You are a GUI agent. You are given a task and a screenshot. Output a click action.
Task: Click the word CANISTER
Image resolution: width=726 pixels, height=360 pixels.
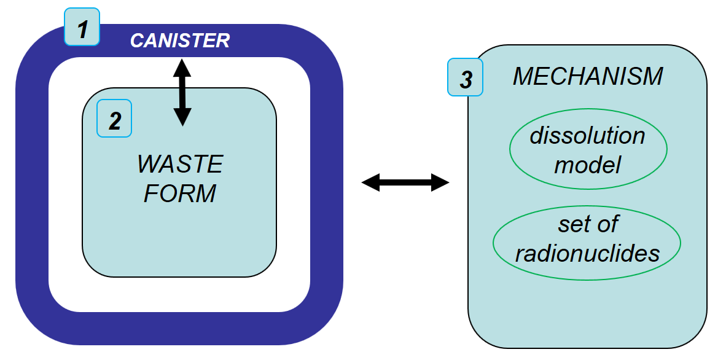(x=179, y=41)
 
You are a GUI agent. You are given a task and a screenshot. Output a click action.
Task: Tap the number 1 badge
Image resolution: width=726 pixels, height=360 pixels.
(x=82, y=28)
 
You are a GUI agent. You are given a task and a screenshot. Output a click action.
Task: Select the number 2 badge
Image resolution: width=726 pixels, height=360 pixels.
(x=114, y=120)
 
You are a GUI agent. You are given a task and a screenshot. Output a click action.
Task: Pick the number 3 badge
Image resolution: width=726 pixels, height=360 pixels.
(x=466, y=78)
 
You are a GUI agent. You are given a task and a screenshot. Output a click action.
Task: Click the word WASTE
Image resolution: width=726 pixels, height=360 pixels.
(x=180, y=165)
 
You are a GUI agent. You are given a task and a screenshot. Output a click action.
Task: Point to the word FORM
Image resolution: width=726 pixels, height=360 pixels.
(x=180, y=194)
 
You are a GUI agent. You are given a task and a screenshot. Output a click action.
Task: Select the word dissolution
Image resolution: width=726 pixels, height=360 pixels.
(x=588, y=135)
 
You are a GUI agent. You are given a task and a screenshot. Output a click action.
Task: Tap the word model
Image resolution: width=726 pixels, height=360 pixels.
(x=588, y=164)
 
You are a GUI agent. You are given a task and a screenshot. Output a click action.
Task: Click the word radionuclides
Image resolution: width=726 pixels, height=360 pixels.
(x=587, y=253)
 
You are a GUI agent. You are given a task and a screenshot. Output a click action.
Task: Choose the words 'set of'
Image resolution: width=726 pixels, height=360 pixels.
(x=587, y=224)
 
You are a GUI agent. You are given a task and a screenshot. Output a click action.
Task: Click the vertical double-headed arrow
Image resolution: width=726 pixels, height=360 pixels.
(x=182, y=92)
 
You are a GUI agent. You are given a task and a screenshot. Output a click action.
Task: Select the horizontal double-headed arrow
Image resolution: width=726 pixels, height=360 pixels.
(x=405, y=182)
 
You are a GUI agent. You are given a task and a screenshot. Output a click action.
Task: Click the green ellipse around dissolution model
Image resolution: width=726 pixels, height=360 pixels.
(x=510, y=149)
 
